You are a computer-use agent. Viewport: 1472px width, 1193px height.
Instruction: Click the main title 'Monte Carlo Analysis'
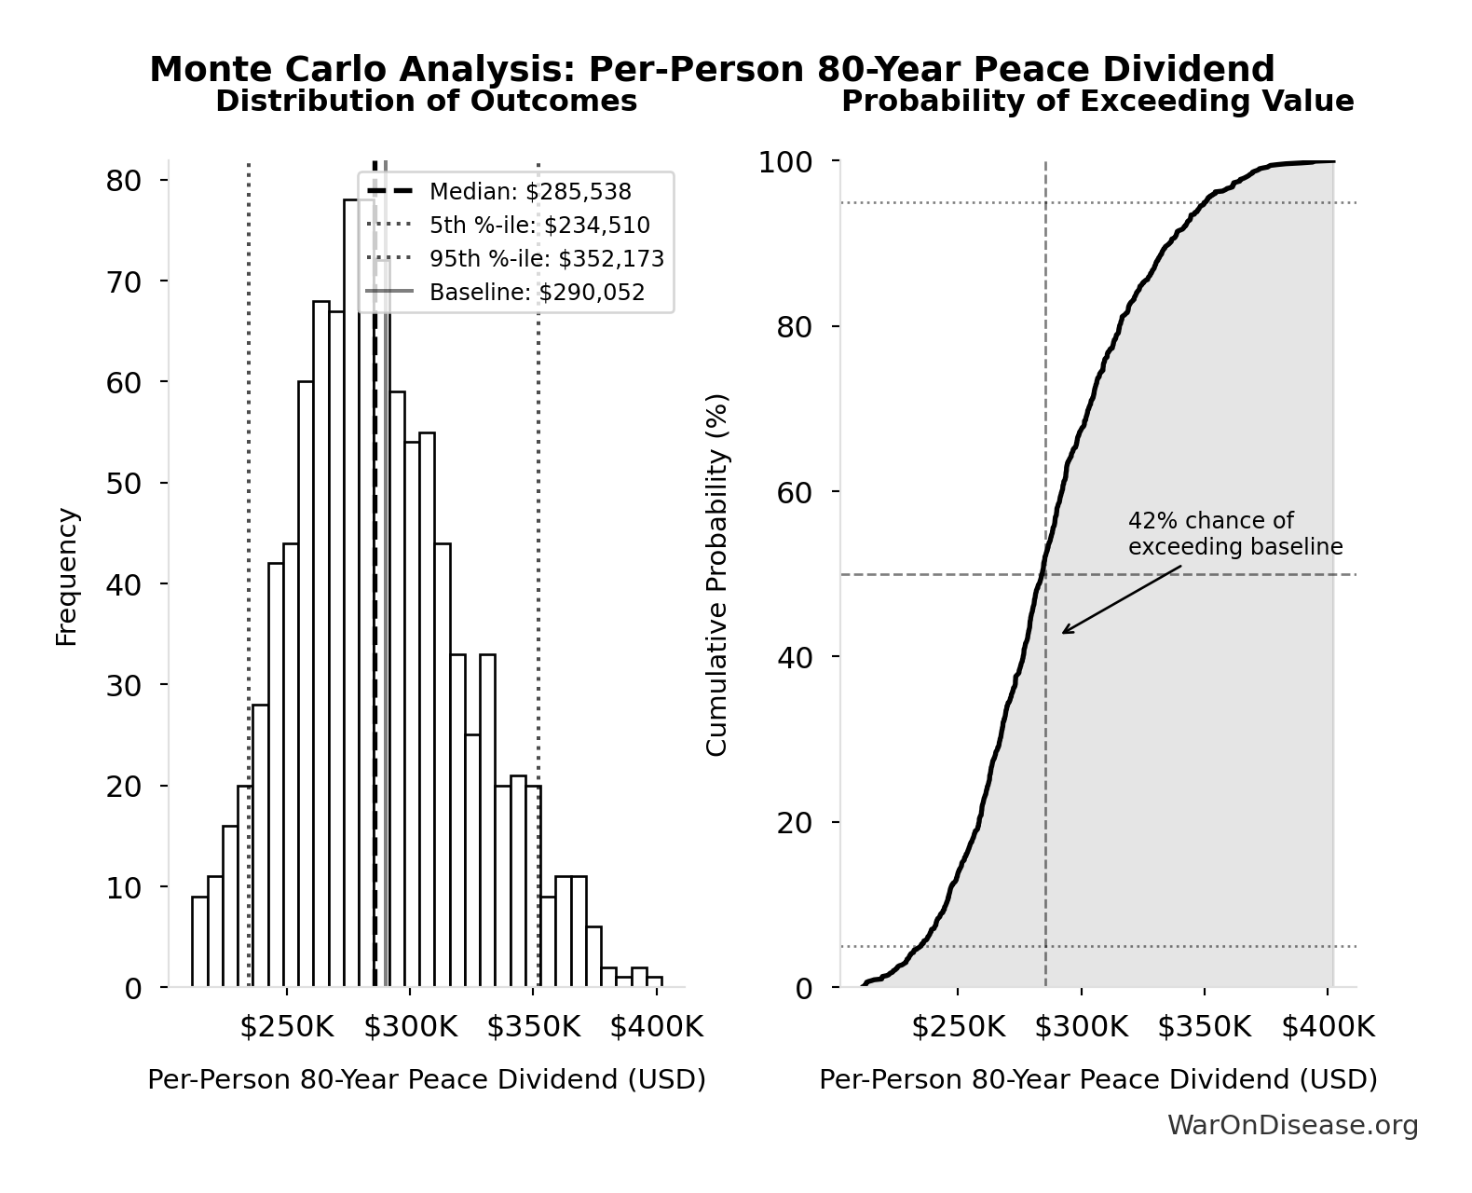712,70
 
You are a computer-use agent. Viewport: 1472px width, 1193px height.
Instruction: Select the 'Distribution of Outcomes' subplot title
427,102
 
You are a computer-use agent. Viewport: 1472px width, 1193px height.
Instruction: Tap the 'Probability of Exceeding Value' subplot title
1097,102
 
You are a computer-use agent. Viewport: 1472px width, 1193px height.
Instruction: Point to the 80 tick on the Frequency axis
123,180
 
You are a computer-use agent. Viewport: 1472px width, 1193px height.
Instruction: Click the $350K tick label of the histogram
533,1027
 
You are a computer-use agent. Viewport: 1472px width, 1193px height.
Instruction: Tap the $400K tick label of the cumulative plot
1328,1027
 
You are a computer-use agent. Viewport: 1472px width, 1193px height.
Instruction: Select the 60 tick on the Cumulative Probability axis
795,492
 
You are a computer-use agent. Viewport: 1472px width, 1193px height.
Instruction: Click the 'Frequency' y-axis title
67,576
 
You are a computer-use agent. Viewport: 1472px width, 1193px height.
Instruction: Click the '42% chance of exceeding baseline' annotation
1235,534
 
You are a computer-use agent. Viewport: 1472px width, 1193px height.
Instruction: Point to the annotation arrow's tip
1063,634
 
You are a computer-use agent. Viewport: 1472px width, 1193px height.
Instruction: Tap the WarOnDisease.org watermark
1292,1126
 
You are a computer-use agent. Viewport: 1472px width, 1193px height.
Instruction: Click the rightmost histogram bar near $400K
655,982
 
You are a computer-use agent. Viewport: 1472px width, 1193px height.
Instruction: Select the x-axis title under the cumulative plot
1097,1079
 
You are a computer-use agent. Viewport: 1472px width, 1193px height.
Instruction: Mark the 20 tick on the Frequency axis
123,786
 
